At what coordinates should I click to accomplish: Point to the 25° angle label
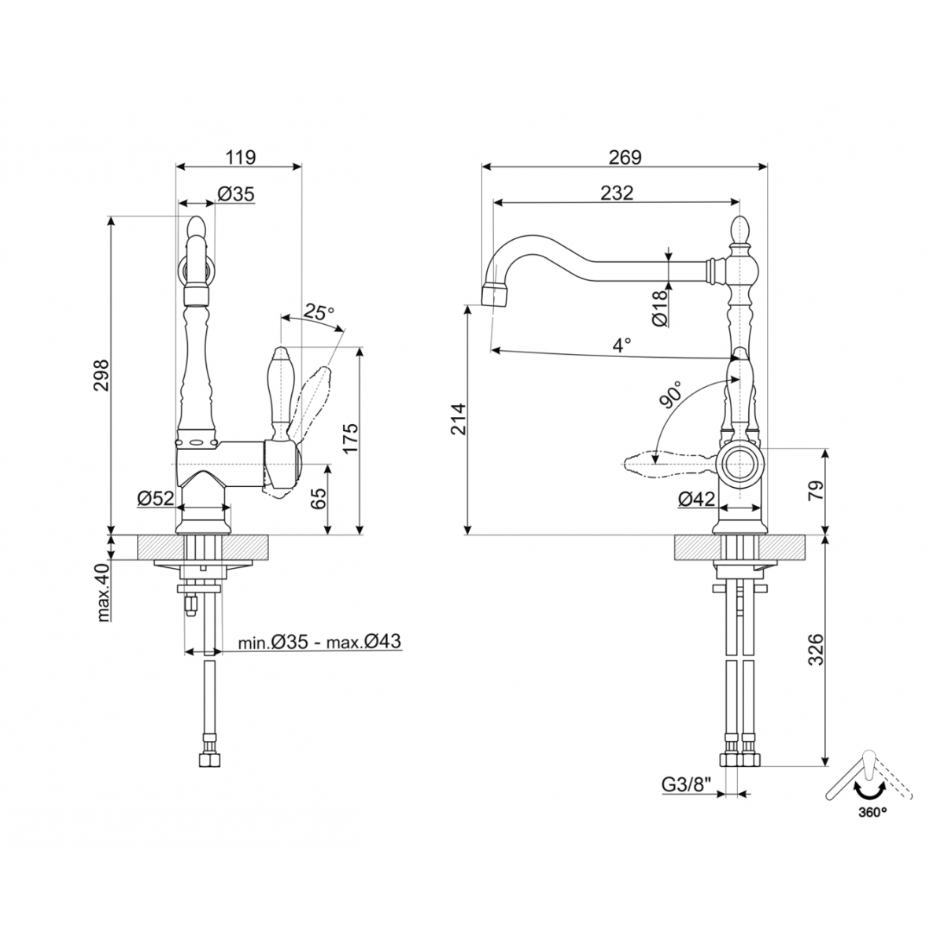319,312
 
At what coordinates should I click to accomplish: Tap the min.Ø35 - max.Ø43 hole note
320,642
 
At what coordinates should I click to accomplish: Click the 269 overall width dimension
625,157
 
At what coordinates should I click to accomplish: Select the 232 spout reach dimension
616,193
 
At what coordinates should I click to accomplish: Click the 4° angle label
623,345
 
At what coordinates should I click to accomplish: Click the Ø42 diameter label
695,498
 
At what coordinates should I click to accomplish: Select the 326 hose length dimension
816,649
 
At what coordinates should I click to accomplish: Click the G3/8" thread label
685,784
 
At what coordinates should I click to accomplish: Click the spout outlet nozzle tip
494,296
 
